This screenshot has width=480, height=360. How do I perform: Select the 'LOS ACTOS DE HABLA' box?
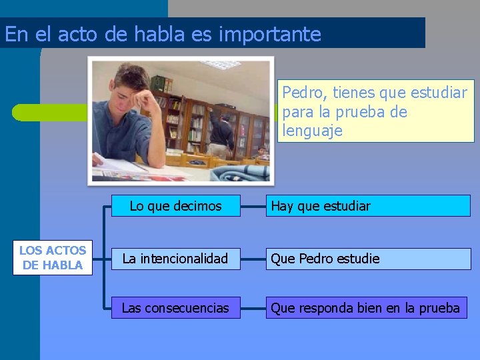[x=53, y=257]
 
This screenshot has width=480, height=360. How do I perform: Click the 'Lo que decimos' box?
[x=175, y=206]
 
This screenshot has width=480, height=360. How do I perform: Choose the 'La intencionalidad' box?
[x=175, y=259]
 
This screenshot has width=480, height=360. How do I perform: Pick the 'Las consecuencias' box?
[x=175, y=308]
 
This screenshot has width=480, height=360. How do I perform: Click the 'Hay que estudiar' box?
[x=368, y=206]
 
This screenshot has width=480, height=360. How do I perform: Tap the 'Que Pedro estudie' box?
[x=368, y=259]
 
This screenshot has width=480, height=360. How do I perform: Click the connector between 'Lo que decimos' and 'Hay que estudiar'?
[x=253, y=206]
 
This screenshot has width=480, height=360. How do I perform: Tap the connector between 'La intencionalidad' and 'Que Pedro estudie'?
[x=253, y=259]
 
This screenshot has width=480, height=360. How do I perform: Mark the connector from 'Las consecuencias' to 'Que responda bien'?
[x=253, y=308]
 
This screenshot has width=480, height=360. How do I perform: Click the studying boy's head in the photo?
[x=131, y=83]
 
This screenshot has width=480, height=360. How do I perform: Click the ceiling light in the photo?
[x=221, y=65]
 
